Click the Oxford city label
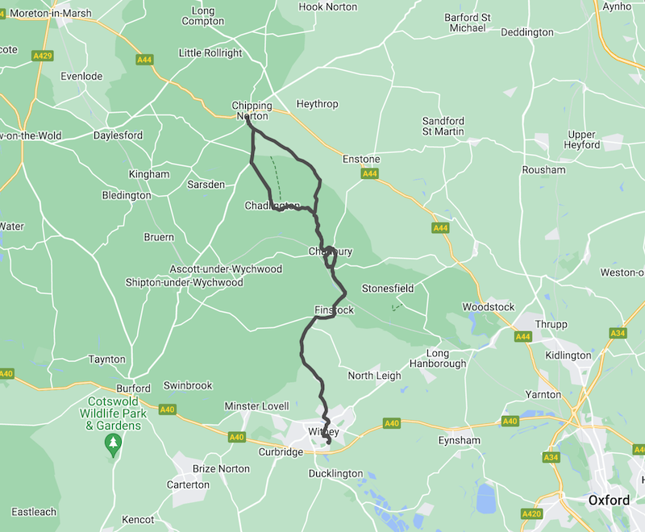(x=609, y=501)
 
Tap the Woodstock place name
(x=488, y=307)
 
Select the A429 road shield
(x=43, y=55)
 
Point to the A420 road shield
(x=531, y=513)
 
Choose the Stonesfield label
(x=387, y=288)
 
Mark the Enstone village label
(x=360, y=160)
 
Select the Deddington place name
(x=527, y=32)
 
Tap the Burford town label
(x=133, y=388)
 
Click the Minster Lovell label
(x=256, y=405)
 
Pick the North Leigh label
(x=374, y=376)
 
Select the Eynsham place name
(x=459, y=441)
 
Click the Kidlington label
(x=568, y=355)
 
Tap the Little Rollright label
(x=210, y=53)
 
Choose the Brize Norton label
(x=222, y=468)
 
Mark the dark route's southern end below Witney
(x=329, y=443)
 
